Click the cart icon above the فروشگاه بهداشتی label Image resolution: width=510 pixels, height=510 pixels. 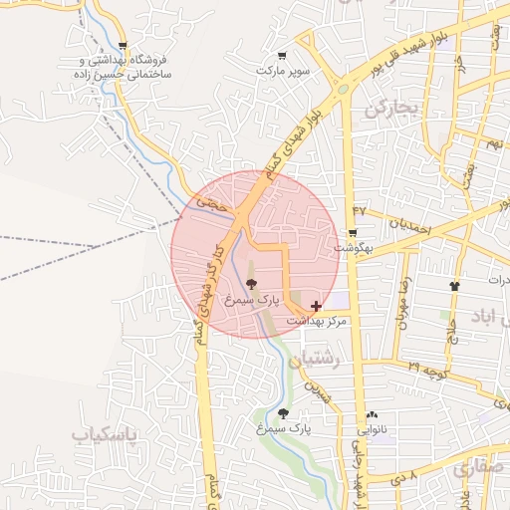[x=123, y=46]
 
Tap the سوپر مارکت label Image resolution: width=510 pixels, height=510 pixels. [x=283, y=71]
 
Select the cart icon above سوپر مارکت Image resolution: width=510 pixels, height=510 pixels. [x=282, y=56]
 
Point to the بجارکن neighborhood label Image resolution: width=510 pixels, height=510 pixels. [x=388, y=107]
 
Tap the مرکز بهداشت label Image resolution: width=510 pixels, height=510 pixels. [x=318, y=321]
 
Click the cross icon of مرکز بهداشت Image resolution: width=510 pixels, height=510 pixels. [x=317, y=305]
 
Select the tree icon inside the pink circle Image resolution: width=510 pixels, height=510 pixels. [x=250, y=284]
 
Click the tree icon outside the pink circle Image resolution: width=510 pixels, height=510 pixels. [x=283, y=413]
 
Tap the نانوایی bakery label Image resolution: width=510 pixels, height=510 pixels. [x=372, y=430]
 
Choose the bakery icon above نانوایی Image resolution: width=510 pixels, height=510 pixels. [x=372, y=415]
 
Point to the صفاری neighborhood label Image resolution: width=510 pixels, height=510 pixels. [x=477, y=469]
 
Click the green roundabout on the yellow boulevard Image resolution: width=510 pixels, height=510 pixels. [x=345, y=88]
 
